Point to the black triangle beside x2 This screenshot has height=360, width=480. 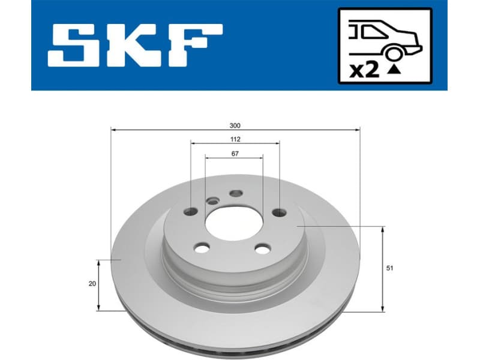click(394, 70)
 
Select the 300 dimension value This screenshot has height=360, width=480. click(235, 126)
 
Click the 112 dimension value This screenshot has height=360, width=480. click(235, 140)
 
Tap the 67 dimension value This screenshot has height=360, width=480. click(235, 154)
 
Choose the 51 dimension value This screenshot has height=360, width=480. click(391, 269)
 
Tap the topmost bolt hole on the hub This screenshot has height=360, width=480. click(235, 193)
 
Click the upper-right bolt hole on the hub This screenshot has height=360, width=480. click(279, 212)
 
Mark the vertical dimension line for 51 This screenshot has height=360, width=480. click(383, 269)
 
